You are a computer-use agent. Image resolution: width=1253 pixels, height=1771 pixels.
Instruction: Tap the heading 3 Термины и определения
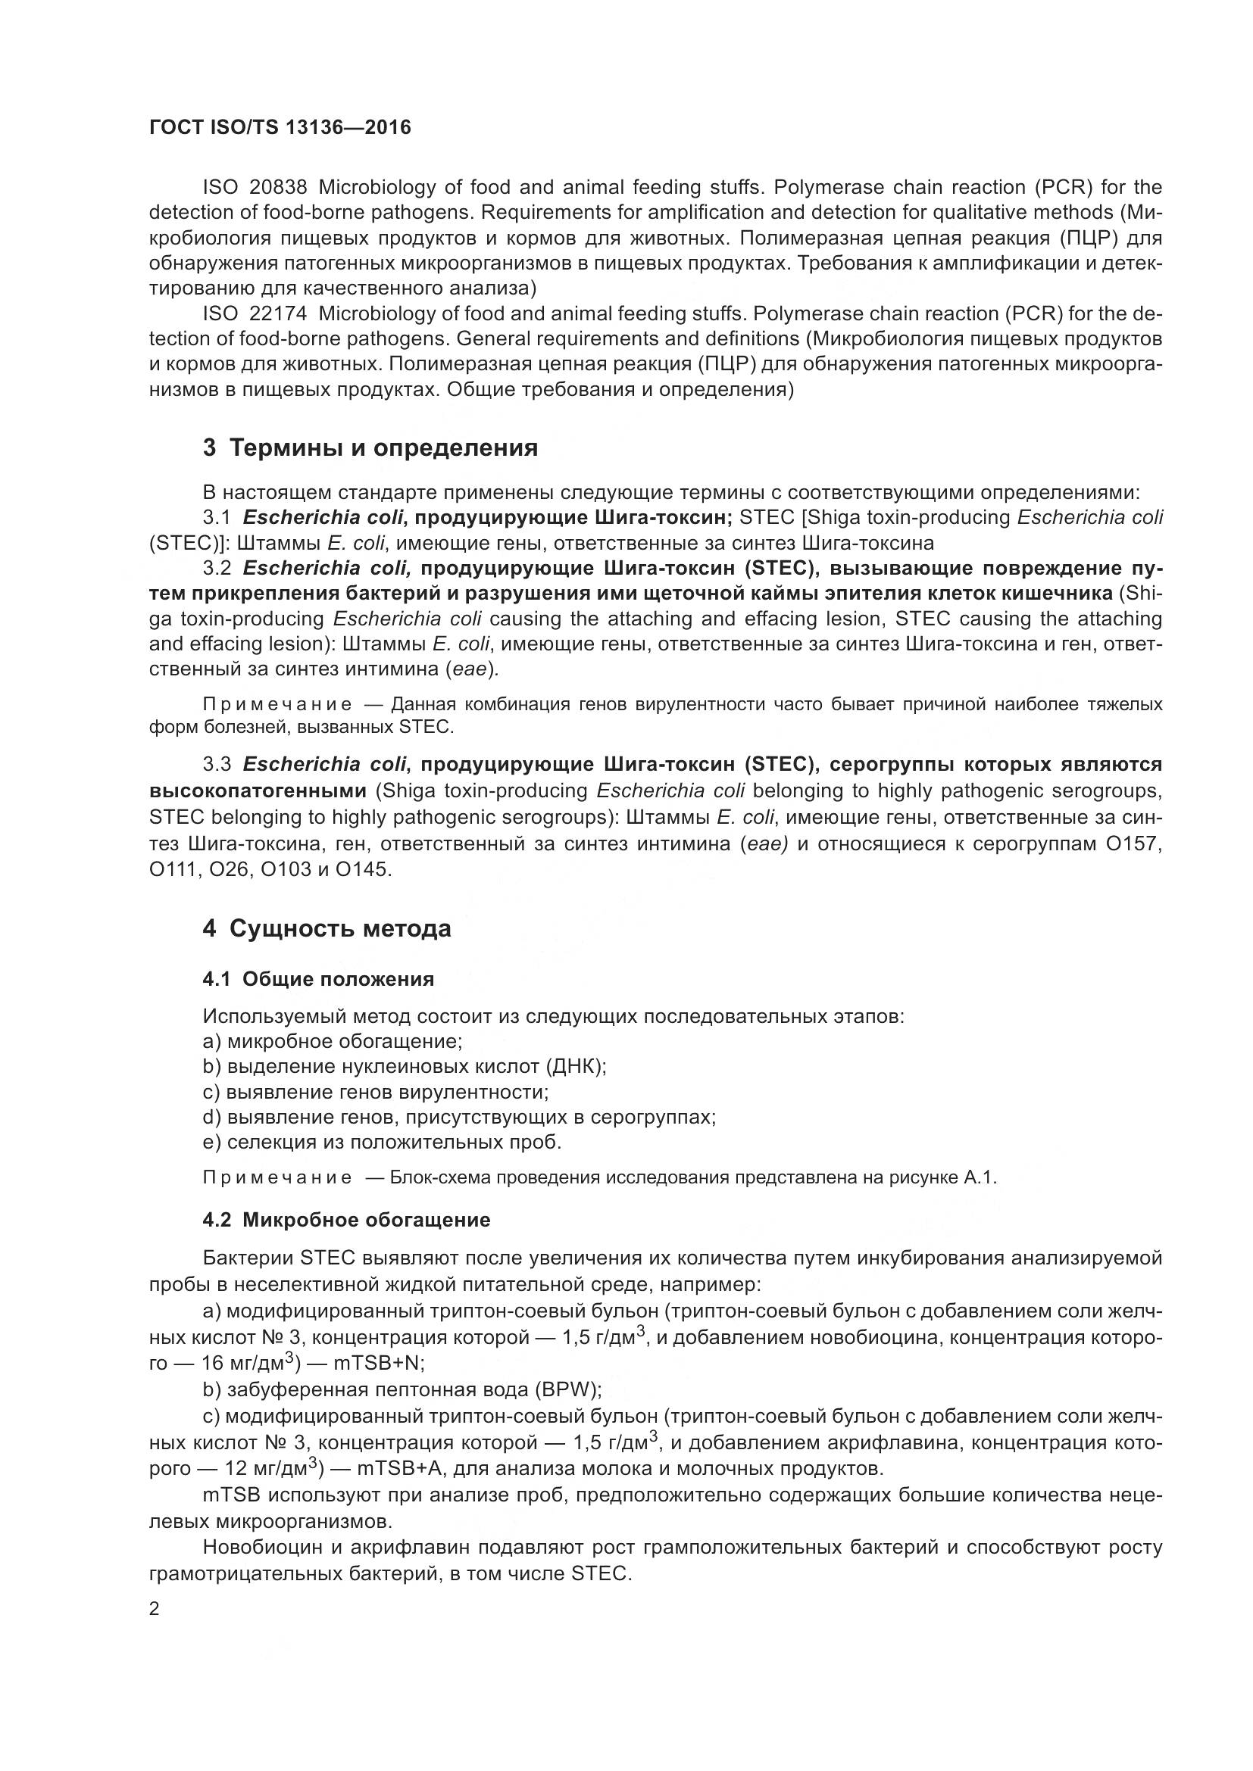point(370,448)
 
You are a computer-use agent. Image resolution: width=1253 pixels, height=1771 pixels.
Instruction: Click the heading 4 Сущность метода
point(327,929)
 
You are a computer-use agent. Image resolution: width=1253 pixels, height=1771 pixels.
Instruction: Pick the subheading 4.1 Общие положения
point(318,980)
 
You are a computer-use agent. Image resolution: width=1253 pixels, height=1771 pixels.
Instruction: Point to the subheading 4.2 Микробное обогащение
point(346,1221)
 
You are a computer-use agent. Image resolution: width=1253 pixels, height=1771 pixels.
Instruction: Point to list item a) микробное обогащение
point(333,1042)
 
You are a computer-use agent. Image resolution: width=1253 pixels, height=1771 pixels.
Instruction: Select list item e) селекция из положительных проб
point(382,1143)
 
